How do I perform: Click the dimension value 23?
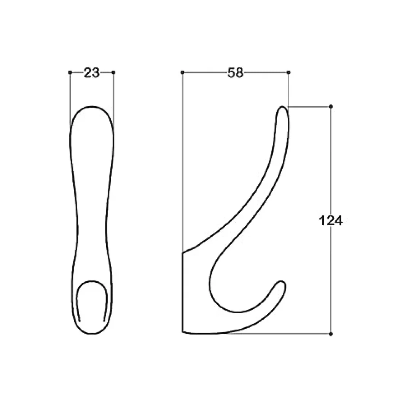tap(91, 73)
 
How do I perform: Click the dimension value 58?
tap(236, 73)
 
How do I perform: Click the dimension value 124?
tap(331, 221)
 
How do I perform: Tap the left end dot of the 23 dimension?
tap(70, 72)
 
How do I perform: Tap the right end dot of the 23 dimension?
tap(113, 72)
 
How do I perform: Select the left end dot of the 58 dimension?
tap(182, 72)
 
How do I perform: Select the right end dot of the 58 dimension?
tap(288, 72)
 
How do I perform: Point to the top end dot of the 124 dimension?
tap(331, 107)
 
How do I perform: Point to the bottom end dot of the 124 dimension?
tap(331, 334)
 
